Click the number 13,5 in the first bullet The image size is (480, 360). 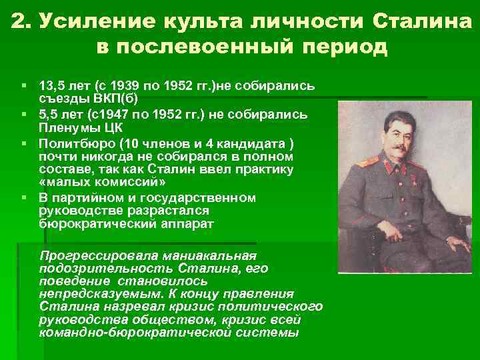52,86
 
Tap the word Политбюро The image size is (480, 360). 72,143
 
